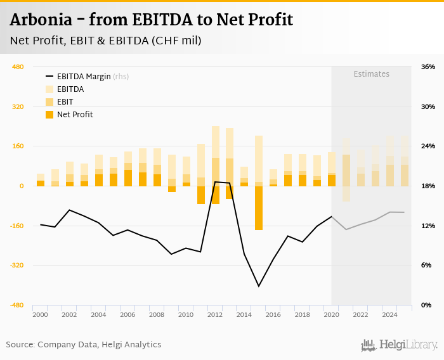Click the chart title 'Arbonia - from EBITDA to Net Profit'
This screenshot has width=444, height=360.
pos(152,20)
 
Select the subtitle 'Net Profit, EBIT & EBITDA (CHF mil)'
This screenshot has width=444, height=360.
pos(106,41)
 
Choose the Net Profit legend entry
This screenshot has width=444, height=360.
pos(75,115)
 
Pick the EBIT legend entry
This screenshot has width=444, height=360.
pos(65,102)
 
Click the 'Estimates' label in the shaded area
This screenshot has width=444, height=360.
pos(371,74)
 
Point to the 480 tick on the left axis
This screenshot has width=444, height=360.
pos(18,67)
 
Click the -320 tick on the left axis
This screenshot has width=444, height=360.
pos(16,266)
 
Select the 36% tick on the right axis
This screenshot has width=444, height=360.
pos(428,67)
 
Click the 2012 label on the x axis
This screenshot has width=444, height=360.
pos(215,314)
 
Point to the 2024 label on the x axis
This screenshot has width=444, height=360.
pos(390,314)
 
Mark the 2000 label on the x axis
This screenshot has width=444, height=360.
pos(40,314)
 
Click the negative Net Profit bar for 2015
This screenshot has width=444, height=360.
pos(259,208)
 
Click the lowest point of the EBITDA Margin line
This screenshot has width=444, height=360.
pos(259,286)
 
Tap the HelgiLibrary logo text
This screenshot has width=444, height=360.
pos(408,345)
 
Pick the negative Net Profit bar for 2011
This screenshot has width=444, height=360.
pos(201,195)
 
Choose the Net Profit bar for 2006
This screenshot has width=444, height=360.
pos(128,177)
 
